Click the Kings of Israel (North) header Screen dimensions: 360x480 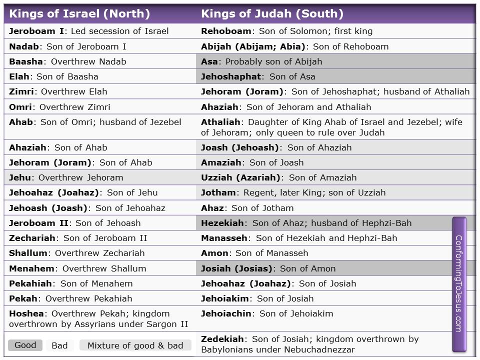79,14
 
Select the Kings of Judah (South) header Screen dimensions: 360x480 272,14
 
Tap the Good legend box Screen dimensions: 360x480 25,345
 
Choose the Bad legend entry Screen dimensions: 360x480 59,345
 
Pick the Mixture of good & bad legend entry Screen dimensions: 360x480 135,345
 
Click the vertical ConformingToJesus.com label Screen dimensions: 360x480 459,283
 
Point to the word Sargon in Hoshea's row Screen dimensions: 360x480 163,324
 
